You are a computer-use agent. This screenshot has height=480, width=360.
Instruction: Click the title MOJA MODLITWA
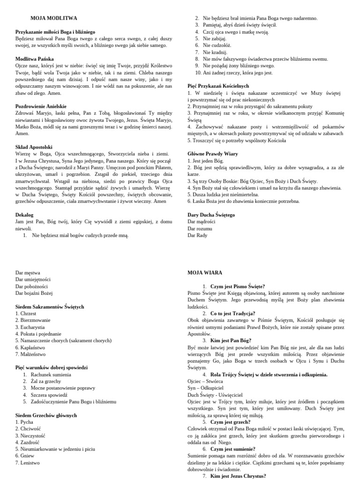click(53, 18)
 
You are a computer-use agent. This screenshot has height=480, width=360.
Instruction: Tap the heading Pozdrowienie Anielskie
click(41, 106)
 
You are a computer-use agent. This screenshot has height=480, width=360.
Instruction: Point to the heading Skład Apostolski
click(34, 147)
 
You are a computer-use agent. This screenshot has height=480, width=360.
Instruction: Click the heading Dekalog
click(24, 214)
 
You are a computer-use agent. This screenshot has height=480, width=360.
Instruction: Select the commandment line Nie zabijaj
click(214, 39)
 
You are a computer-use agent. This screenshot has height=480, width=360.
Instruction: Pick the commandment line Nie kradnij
click(215, 52)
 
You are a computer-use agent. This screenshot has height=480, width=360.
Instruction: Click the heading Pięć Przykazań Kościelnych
click(218, 86)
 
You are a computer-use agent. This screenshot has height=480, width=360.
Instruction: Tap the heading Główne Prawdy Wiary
click(212, 154)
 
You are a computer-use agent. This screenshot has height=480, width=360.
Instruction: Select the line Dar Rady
click(197, 235)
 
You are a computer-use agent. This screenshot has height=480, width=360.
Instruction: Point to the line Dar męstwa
click(28, 272)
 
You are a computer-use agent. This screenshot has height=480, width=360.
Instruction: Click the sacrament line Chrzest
click(26, 313)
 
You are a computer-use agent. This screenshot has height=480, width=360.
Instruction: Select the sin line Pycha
click(24, 422)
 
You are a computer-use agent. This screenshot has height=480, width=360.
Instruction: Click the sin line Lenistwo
click(27, 463)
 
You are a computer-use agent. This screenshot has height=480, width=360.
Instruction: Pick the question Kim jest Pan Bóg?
click(231, 340)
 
